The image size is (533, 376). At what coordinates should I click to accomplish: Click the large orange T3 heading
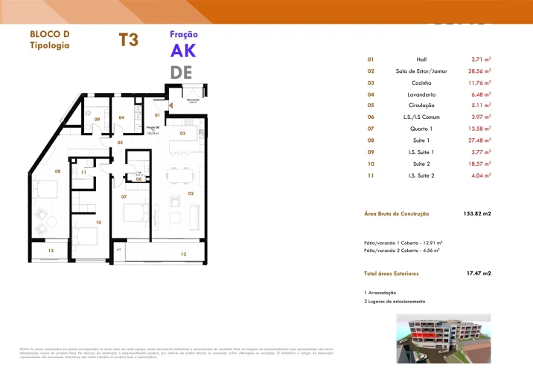pyautogui.click(x=128, y=40)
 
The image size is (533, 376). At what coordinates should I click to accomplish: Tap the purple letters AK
pyautogui.click(x=183, y=51)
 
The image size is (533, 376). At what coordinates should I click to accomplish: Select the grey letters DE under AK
pyautogui.click(x=181, y=72)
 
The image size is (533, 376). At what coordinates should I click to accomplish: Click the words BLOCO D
pyautogui.click(x=49, y=34)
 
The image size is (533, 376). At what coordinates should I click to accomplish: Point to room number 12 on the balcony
pyautogui.click(x=183, y=254)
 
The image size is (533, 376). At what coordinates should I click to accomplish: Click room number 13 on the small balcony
pyautogui.click(x=51, y=251)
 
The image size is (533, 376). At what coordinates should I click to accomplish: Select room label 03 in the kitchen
pyautogui.click(x=182, y=133)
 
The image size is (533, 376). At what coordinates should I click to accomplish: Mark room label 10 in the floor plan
pyautogui.click(x=98, y=221)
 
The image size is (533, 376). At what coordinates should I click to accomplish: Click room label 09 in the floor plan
pyautogui.click(x=97, y=119)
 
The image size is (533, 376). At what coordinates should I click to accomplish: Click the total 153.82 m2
pyautogui.click(x=477, y=214)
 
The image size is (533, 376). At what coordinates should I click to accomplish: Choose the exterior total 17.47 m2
pyautogui.click(x=479, y=273)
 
